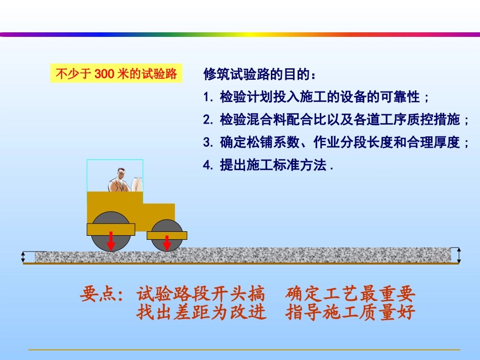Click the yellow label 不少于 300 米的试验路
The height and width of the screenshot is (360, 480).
click(116, 74)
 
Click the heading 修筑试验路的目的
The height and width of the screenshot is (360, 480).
click(260, 75)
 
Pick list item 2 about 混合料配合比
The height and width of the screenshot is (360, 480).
click(336, 120)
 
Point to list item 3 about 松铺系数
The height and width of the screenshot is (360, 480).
click(336, 142)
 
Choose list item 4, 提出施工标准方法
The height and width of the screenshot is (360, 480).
click(268, 165)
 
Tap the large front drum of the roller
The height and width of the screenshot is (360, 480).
click(111, 230)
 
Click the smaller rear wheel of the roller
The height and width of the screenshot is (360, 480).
click(167, 235)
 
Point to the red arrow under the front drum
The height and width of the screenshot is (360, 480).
click(111, 241)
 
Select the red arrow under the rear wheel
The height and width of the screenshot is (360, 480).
click(167, 243)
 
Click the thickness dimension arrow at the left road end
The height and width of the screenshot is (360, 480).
click(23, 257)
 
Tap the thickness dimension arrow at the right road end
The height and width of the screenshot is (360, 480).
click(458, 255)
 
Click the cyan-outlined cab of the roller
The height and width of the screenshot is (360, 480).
click(115, 175)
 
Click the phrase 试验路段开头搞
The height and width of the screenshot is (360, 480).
click(201, 293)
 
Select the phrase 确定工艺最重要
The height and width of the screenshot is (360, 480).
click(350, 293)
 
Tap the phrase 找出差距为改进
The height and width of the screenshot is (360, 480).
click(201, 313)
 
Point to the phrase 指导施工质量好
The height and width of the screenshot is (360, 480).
click(350, 313)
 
